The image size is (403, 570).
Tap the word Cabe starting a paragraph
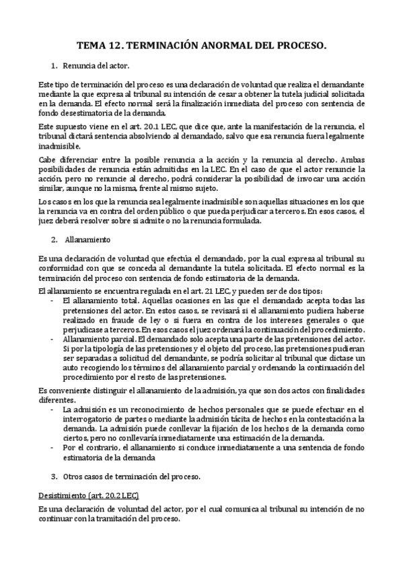tap(48, 159)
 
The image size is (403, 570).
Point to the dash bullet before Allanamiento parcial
tap(52, 340)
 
